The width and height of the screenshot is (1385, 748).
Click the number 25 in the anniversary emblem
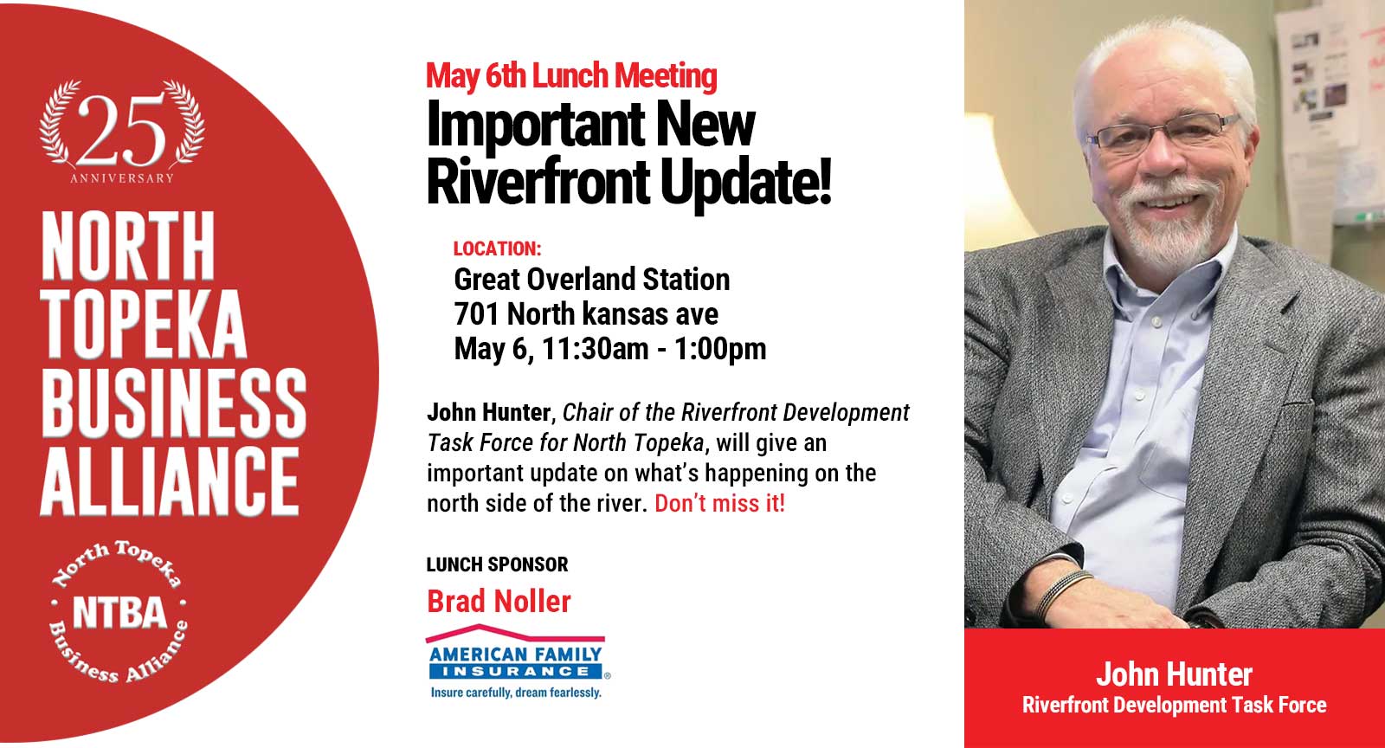click(x=122, y=130)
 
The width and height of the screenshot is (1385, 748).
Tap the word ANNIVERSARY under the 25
click(x=122, y=178)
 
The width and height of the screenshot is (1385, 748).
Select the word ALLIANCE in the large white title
click(x=170, y=481)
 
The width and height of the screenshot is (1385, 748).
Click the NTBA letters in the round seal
click(x=119, y=613)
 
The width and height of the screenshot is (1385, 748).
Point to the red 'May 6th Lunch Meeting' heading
click(x=571, y=76)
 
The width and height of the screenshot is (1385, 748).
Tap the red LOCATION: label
click(x=497, y=249)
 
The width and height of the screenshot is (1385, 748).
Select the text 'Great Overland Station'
click(x=592, y=280)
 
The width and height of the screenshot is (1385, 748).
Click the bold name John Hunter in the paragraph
click(x=488, y=412)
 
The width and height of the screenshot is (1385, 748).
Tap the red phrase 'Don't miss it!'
click(x=719, y=503)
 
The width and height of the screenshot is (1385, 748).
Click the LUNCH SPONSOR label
click(x=497, y=564)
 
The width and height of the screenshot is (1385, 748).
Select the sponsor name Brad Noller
click(x=499, y=601)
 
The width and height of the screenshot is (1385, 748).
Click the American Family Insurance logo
click(x=516, y=654)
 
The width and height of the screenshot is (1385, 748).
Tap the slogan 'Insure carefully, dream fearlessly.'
click(x=516, y=693)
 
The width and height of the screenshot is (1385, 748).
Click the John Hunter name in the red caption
click(x=1174, y=674)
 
